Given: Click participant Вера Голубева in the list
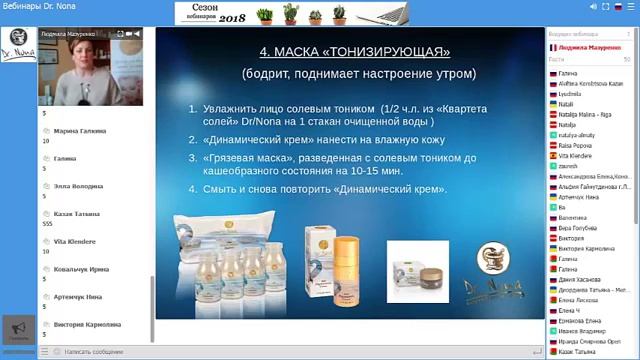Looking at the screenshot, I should pyautogui.click(x=581, y=228).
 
